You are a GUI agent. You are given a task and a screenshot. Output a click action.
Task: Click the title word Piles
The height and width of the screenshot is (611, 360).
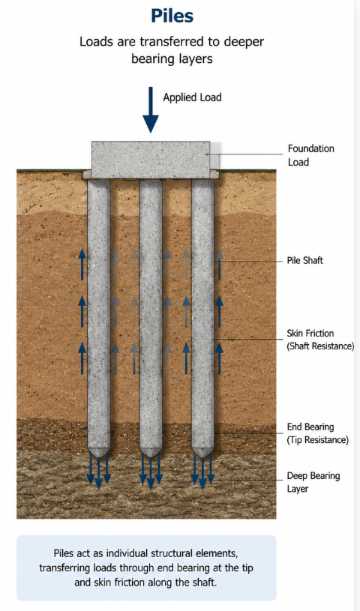click(172, 16)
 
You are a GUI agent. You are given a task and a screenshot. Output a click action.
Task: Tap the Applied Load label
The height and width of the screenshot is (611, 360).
click(192, 97)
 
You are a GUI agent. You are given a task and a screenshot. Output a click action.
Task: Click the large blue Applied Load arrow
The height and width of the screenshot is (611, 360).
click(151, 110)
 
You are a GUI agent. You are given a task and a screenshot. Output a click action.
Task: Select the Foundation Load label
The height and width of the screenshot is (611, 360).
click(310, 155)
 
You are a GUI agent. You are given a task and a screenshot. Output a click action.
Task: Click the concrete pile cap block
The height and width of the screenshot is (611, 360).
click(151, 160)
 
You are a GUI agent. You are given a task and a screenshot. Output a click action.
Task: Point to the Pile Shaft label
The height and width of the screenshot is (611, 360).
click(305, 260)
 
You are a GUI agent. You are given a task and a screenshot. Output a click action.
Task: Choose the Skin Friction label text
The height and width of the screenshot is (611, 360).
click(310, 333)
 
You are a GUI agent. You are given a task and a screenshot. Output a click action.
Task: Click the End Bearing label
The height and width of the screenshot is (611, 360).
click(310, 427)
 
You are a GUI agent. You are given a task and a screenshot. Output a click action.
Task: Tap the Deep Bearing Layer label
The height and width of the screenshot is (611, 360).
click(313, 482)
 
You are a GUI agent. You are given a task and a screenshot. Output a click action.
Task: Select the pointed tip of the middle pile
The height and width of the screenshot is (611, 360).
click(151, 457)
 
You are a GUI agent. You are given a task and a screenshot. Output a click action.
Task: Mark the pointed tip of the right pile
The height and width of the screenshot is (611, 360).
click(202, 457)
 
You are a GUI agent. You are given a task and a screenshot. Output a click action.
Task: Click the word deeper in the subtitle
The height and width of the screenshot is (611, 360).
click(244, 42)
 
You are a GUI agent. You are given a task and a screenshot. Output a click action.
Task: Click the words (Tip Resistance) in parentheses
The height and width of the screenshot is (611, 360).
click(318, 440)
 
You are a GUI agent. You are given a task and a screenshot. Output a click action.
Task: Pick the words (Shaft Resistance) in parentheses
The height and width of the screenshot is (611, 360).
click(320, 346)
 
